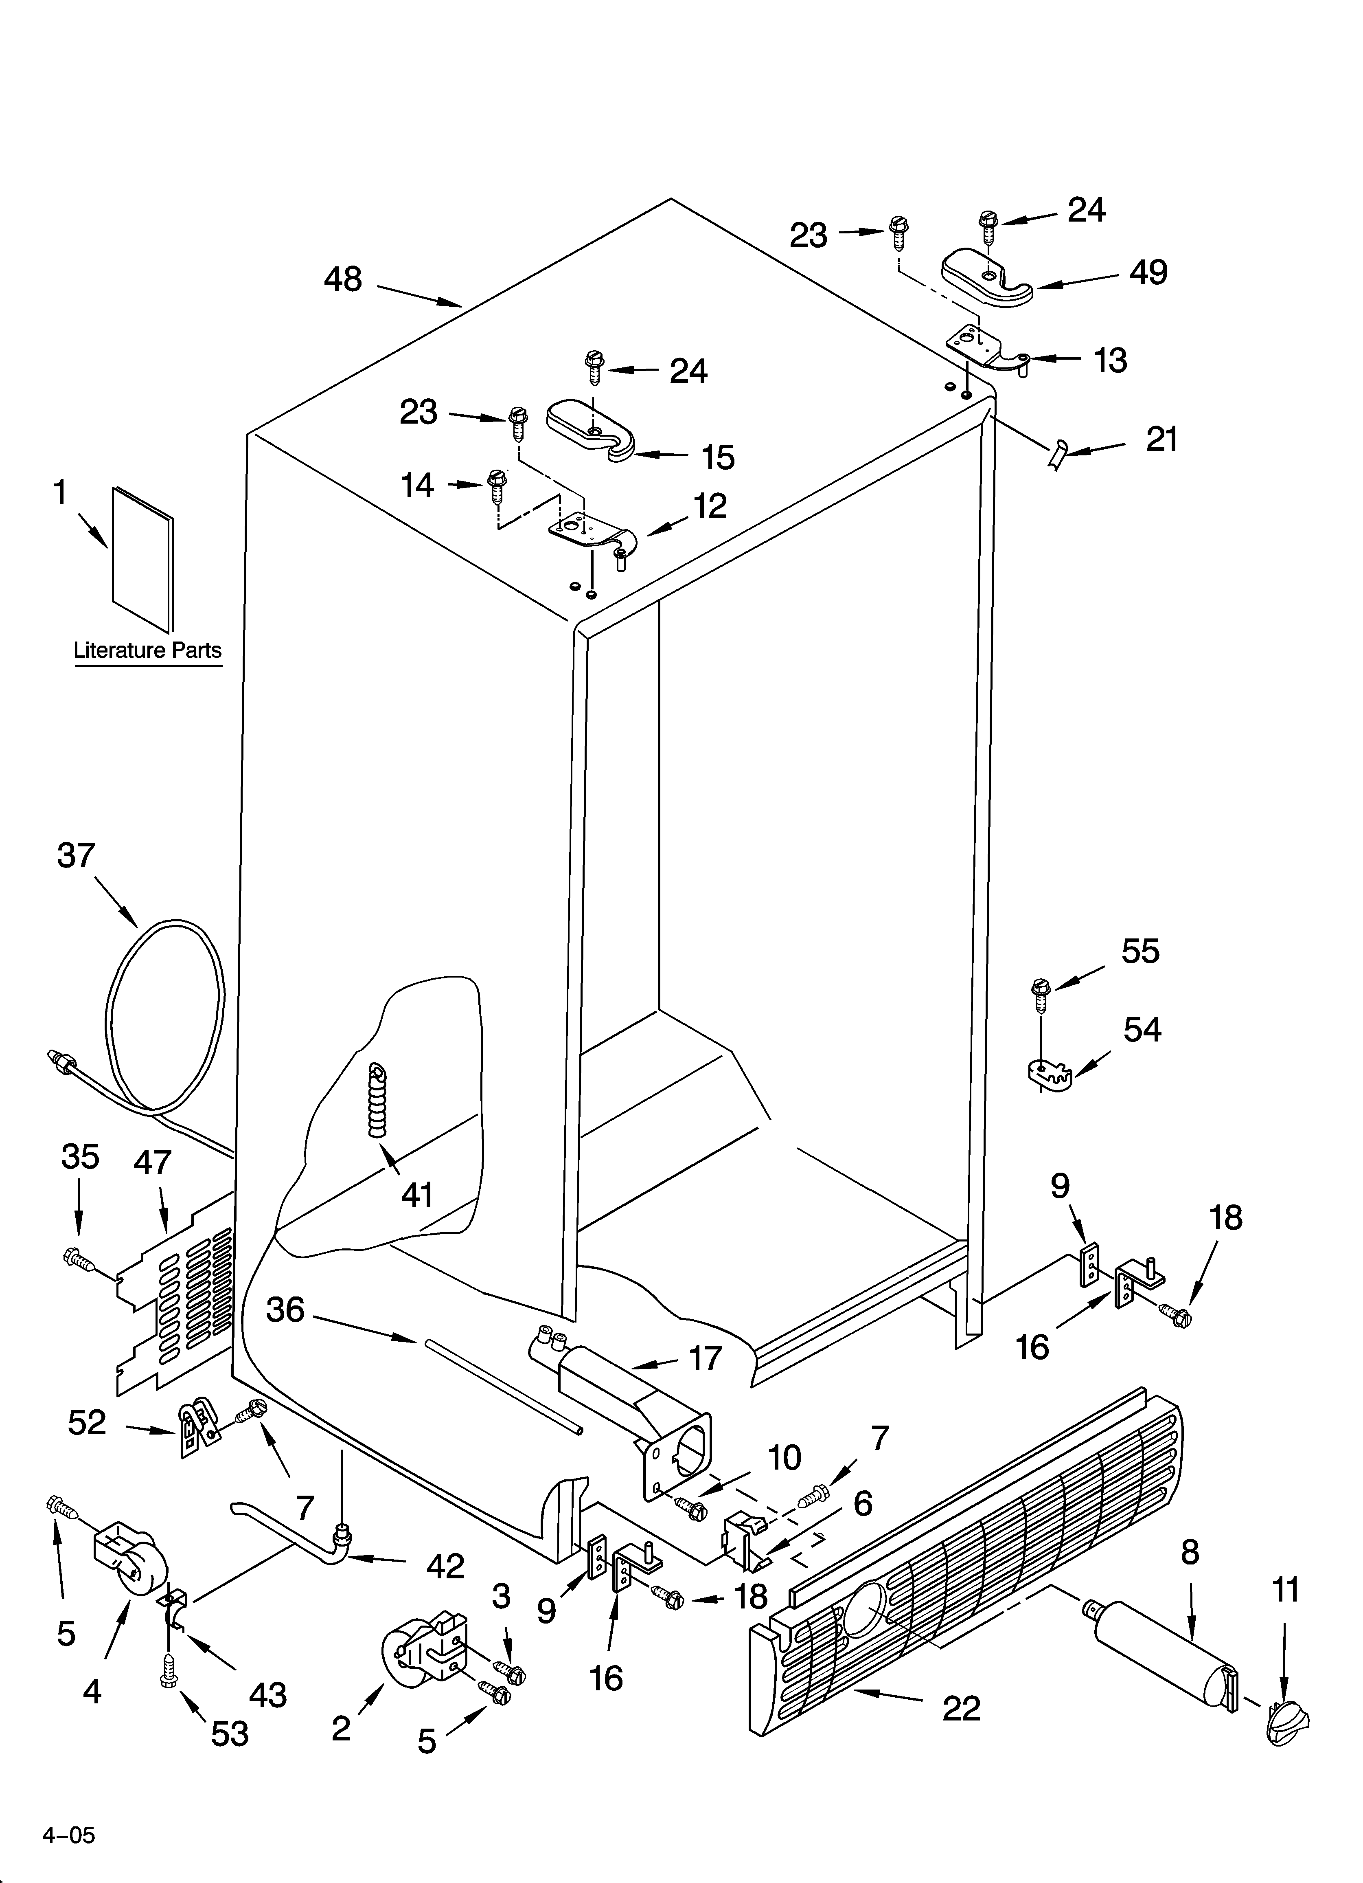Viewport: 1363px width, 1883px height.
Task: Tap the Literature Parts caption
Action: click(148, 649)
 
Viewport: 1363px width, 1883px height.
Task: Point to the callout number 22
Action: click(961, 1708)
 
